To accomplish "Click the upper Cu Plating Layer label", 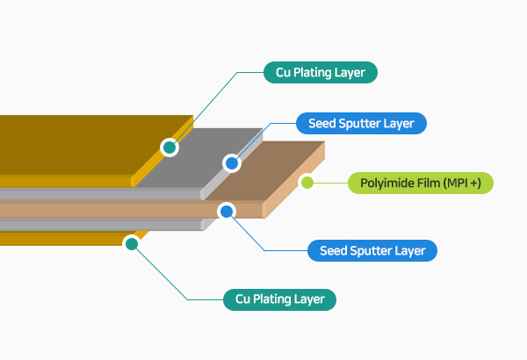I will [x=321, y=72].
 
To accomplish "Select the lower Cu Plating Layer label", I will [x=280, y=299].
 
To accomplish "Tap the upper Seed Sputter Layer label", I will [x=361, y=123].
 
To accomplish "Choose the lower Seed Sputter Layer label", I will [x=372, y=251].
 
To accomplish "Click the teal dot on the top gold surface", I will [x=170, y=148].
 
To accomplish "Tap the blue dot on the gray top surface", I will [x=232, y=162].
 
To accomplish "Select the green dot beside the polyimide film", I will [x=307, y=183].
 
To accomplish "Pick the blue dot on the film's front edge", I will [x=226, y=212].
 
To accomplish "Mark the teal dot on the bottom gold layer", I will [x=132, y=244].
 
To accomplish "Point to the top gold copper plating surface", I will [x=79, y=149].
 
